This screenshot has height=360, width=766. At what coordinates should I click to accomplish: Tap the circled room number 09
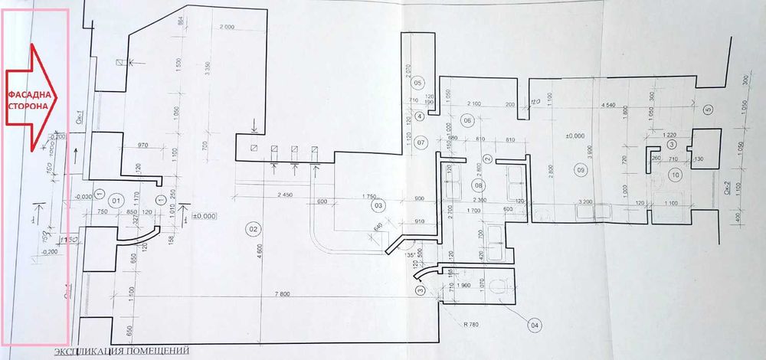pyautogui.click(x=580, y=170)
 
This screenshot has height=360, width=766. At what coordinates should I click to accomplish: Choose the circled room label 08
pyautogui.click(x=478, y=185)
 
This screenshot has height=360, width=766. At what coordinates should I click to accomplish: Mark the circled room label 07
pyautogui.click(x=420, y=142)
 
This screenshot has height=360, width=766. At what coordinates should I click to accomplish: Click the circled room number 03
pyautogui.click(x=377, y=205)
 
